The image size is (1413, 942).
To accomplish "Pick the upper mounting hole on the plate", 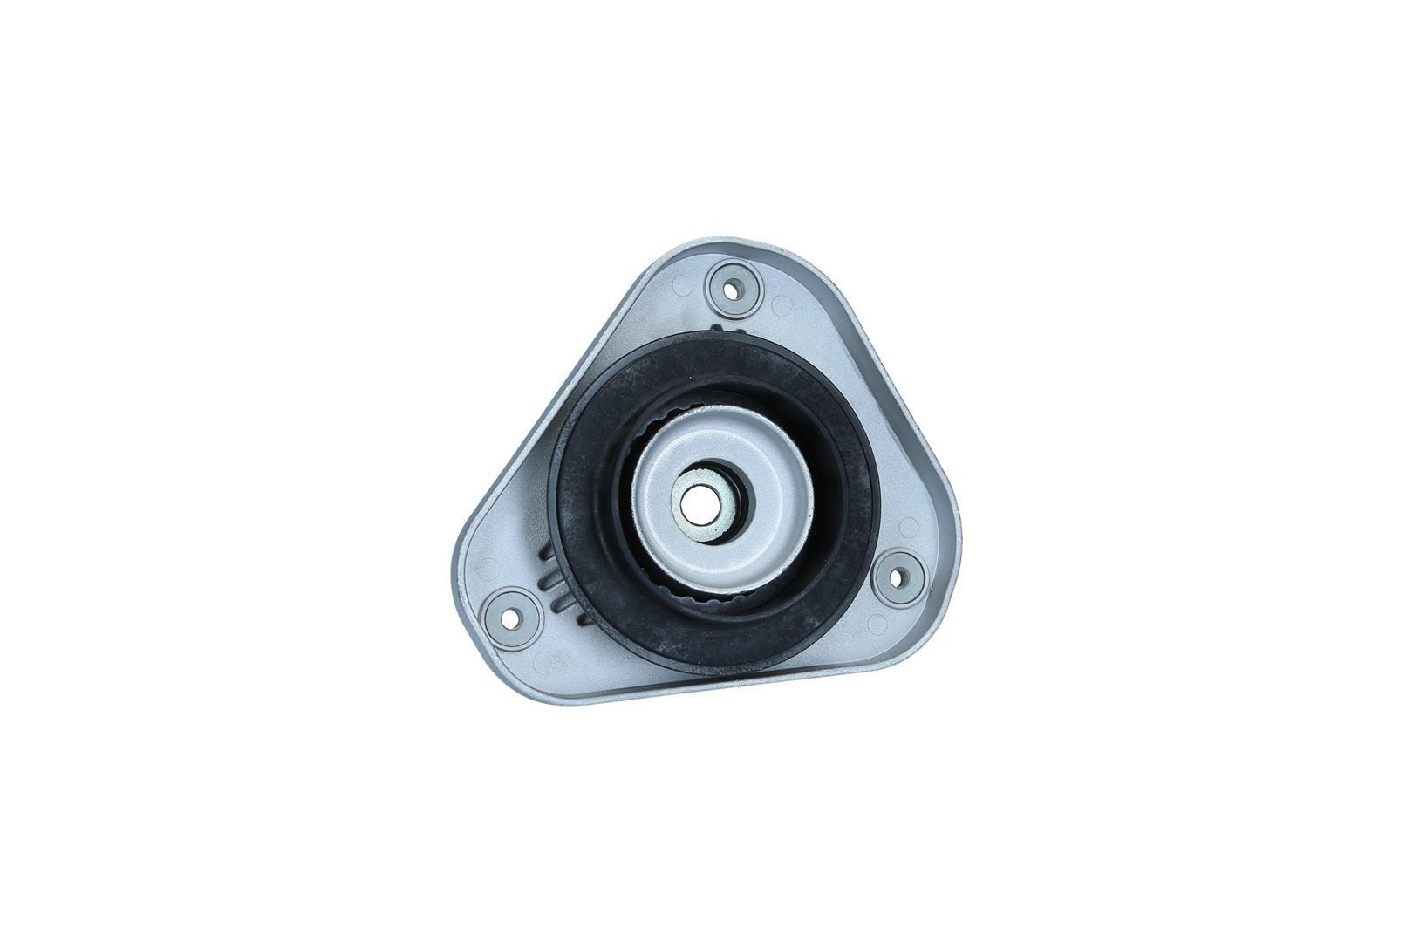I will coord(734,286).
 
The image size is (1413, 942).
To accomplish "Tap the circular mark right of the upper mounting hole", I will coord(782,306).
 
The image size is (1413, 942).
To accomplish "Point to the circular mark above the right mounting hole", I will coord(908,527).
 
